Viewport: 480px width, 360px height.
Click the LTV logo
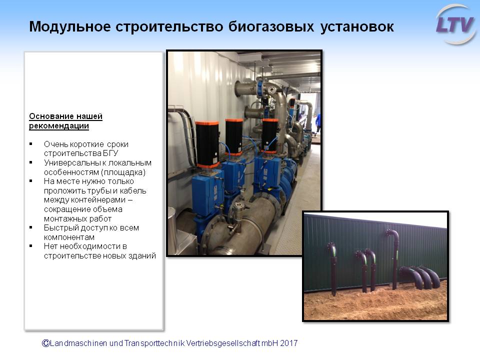coord(455,24)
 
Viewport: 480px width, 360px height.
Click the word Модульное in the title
coord(70,26)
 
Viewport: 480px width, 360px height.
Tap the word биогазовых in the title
coord(271,26)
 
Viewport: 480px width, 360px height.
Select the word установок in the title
coord(357,27)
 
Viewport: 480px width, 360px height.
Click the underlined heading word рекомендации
coord(59,126)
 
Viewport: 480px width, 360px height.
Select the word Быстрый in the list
coord(59,228)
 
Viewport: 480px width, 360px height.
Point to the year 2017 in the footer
coord(288,343)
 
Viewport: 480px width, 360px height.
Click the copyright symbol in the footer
coord(45,343)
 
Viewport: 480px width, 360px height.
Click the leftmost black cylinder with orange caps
coord(207,144)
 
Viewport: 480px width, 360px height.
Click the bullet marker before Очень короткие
coord(31,143)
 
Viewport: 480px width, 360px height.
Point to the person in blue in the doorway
coord(318,123)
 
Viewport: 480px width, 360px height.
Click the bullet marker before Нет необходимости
coord(31,246)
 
